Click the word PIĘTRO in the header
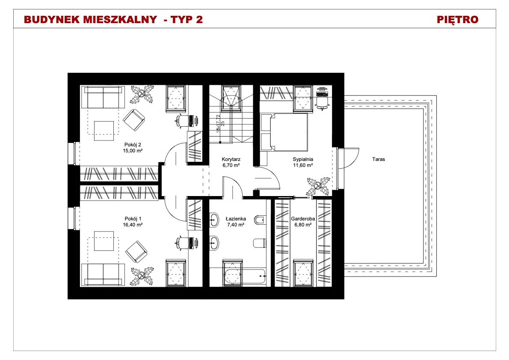457,20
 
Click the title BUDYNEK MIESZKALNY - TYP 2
113,20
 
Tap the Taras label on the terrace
379,159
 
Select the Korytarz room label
231,159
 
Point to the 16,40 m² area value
133,224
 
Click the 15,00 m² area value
133,150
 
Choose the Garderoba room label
303,219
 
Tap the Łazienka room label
236,219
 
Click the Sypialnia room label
303,159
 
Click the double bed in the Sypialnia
284,132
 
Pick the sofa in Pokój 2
103,97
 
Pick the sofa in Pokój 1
103,274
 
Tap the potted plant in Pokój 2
142,94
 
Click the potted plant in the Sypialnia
318,187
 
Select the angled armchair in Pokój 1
136,252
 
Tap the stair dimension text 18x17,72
218,123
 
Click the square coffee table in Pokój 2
104,131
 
